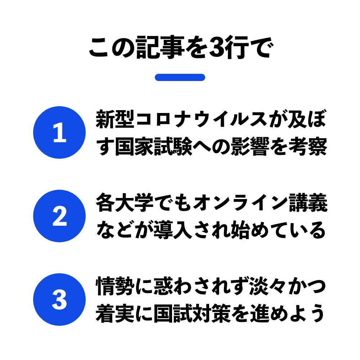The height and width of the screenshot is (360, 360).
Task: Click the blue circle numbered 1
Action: (x=59, y=132)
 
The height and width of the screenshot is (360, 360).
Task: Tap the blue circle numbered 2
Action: (x=59, y=216)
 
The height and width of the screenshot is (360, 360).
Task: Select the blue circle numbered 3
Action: (x=59, y=300)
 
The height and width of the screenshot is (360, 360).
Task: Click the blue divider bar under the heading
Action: (x=180, y=77)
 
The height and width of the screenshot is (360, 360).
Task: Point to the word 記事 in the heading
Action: (x=161, y=47)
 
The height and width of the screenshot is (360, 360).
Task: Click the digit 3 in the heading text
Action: (x=216, y=48)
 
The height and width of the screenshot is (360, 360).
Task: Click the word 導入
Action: (x=173, y=230)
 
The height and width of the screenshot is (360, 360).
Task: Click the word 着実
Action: (x=115, y=314)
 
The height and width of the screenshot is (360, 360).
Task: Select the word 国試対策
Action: (x=192, y=314)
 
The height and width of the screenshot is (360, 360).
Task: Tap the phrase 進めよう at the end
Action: (x=288, y=314)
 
